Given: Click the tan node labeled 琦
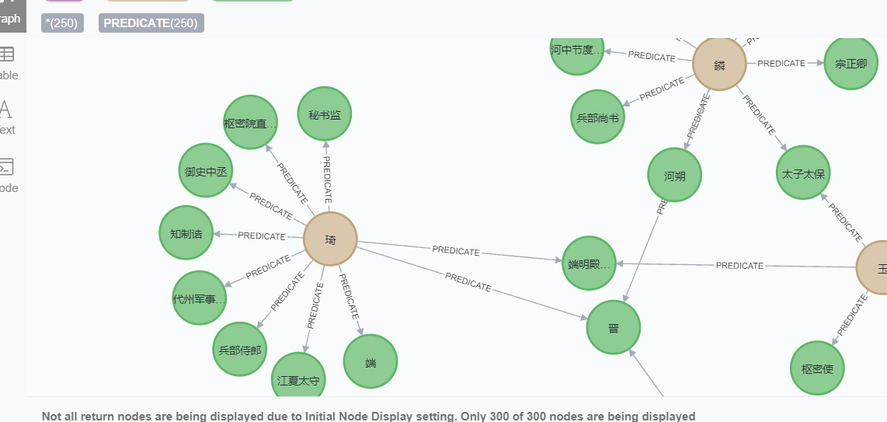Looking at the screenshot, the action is point(330,239).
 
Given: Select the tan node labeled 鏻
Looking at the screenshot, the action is point(719,64).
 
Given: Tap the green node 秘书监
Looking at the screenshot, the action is point(325,114).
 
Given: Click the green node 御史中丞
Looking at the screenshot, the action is point(205,170).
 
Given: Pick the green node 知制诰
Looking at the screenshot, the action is point(186,233).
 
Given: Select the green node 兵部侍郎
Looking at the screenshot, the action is point(238,350).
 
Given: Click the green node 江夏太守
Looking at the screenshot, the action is point(299,380).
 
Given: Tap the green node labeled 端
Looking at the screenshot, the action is point(370,361).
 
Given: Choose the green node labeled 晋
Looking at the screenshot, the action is point(614,328).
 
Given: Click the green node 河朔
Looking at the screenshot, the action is point(674,176).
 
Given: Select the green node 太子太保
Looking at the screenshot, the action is point(803,173).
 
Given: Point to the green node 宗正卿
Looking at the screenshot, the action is point(851,64).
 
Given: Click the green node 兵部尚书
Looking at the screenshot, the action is point(597,117).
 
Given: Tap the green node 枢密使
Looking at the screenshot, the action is point(817,368).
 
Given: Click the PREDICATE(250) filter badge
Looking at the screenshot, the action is point(151,23).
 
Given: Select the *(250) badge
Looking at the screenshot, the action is point(62,23).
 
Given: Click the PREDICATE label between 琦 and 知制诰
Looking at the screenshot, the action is point(262,235).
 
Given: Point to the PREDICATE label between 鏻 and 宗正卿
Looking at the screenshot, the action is point(781,64).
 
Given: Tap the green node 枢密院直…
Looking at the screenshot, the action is point(250,122).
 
